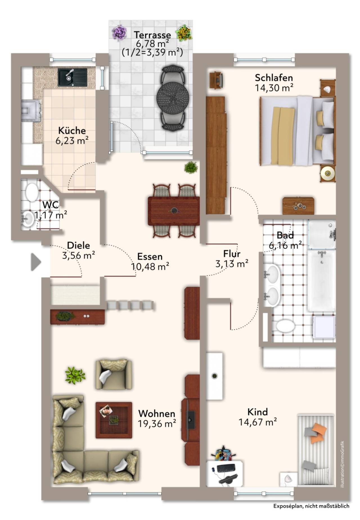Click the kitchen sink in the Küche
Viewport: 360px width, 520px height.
click(x=73, y=77)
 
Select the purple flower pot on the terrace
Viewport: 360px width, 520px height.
click(x=119, y=32)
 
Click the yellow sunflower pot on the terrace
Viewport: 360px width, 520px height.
click(x=184, y=33)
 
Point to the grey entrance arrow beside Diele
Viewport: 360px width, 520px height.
click(x=36, y=262)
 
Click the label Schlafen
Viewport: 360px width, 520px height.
click(x=274, y=77)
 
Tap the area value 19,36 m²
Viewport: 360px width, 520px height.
click(x=157, y=424)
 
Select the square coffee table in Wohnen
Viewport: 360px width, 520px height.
click(x=114, y=420)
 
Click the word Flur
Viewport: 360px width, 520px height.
click(x=232, y=254)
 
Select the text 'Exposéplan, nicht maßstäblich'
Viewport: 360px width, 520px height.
click(x=311, y=506)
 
